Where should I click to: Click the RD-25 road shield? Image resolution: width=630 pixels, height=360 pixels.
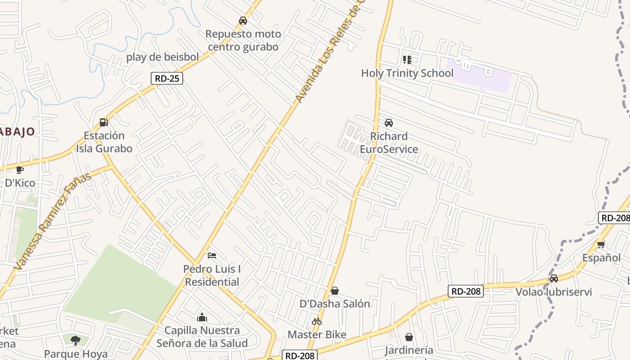(x=166, y=78)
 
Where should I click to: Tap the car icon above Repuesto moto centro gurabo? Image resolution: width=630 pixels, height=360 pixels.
(x=243, y=21)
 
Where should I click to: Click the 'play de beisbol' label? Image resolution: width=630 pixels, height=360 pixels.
(x=162, y=57)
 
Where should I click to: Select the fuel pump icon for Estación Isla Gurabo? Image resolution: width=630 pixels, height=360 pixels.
(x=104, y=122)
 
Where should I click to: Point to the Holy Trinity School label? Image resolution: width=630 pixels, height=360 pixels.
(x=407, y=73)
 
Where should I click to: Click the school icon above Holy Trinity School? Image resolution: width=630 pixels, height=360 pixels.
(x=407, y=60)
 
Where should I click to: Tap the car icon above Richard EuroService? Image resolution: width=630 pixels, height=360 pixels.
(x=389, y=123)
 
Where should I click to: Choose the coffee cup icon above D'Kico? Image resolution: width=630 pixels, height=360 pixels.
(x=19, y=170)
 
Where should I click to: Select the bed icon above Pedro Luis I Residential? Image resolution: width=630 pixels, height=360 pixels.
(x=212, y=256)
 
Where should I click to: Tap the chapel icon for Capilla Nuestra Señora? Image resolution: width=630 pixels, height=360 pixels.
(x=202, y=317)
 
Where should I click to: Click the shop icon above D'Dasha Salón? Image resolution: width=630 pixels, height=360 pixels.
(x=335, y=291)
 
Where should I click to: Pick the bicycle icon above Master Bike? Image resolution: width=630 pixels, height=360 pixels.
(x=317, y=321)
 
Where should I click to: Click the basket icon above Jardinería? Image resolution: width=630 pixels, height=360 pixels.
(x=409, y=337)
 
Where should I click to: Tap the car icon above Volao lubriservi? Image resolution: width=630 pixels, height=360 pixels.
(x=554, y=279)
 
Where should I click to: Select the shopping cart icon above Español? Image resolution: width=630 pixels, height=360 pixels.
(x=601, y=244)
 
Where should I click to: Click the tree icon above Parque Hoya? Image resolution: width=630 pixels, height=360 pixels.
(x=76, y=340)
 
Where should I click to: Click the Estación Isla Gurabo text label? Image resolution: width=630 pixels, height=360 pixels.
(x=104, y=142)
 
